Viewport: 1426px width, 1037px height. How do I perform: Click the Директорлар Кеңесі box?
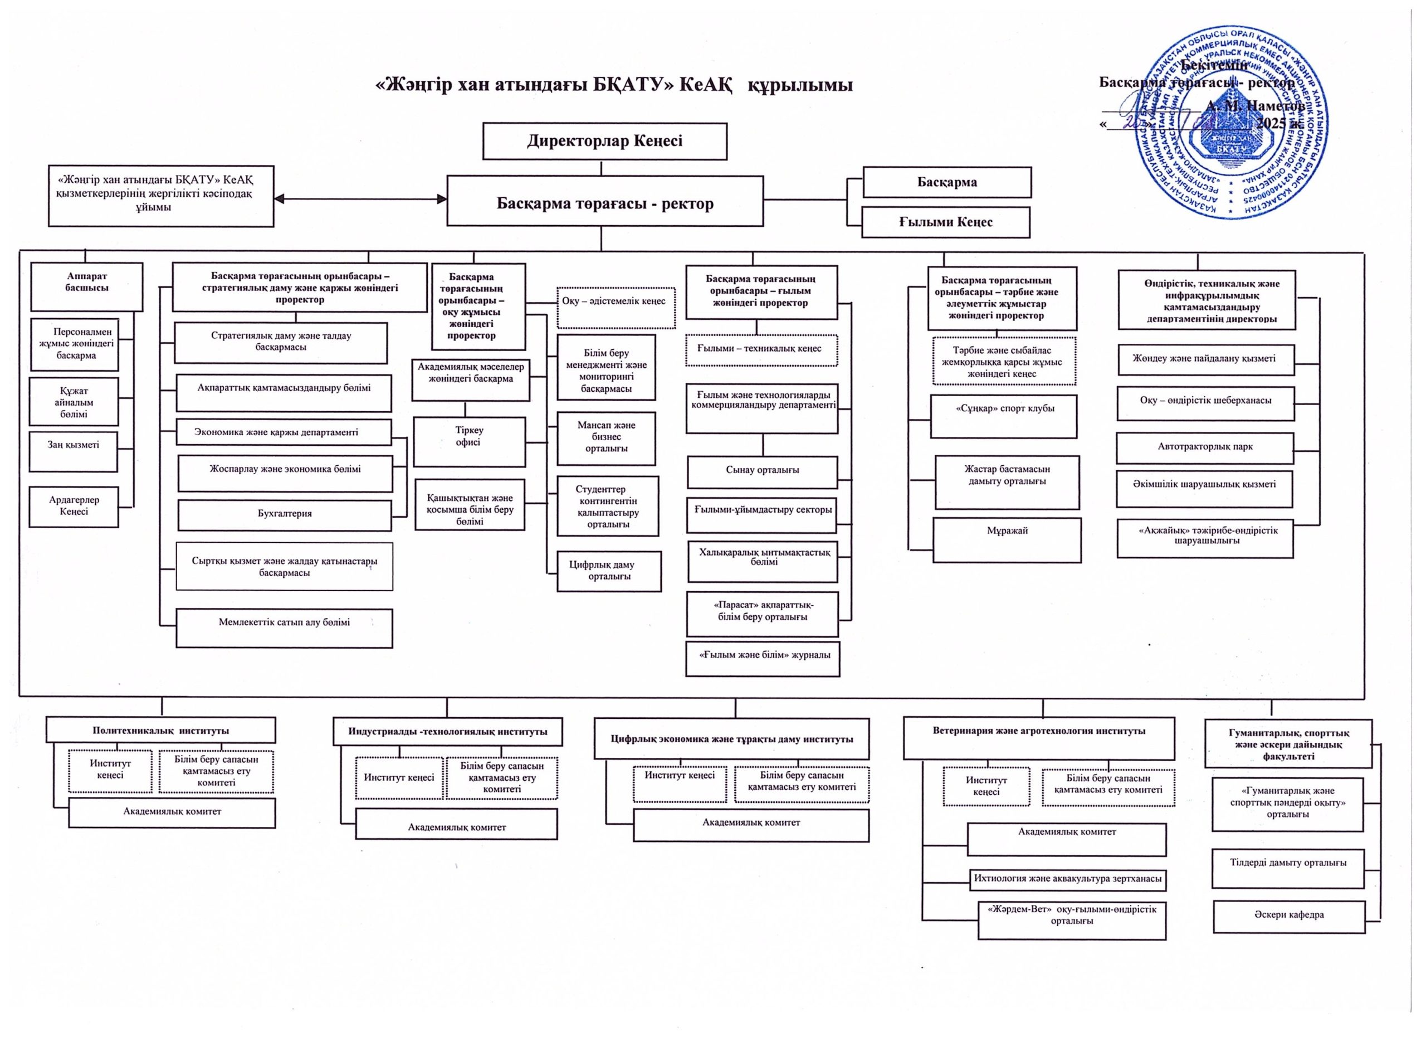click(x=604, y=141)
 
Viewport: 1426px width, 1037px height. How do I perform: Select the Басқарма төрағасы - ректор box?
click(x=604, y=201)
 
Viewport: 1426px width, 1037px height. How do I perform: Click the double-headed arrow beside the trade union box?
click(x=360, y=199)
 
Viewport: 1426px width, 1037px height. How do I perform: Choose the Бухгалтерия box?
click(x=284, y=515)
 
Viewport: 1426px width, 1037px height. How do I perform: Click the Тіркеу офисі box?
click(x=469, y=441)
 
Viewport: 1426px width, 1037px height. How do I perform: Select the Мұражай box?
click(x=1007, y=539)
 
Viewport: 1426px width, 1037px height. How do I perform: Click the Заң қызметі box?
click(x=74, y=451)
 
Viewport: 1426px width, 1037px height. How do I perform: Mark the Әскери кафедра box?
click(x=1288, y=916)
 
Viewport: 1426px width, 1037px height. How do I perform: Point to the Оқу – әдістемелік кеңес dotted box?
click(x=616, y=308)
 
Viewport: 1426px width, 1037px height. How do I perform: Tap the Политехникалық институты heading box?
click(x=161, y=731)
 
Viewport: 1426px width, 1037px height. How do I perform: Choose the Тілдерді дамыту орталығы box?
click(x=1288, y=869)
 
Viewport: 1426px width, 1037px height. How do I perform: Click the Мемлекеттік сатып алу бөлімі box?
click(x=284, y=627)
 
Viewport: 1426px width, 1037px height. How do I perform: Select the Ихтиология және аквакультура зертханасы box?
click(x=1067, y=880)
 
